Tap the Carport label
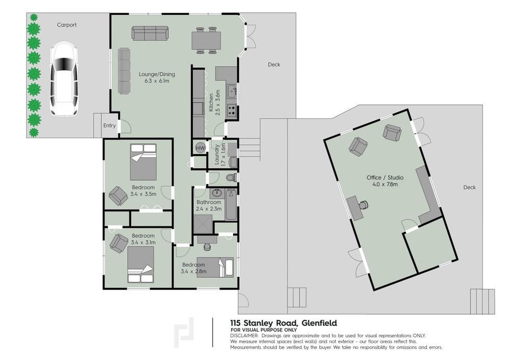(x=67, y=24)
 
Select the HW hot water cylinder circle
(x=200, y=148)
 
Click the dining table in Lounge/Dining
(x=206, y=41)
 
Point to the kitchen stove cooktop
(x=232, y=110)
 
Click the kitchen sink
(x=232, y=91)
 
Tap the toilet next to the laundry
(x=231, y=178)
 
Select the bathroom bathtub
(x=231, y=205)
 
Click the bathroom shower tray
(x=203, y=224)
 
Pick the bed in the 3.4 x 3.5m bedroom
(x=143, y=162)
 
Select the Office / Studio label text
(x=385, y=177)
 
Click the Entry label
(x=109, y=125)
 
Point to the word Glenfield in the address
(x=319, y=323)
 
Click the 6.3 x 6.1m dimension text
(x=157, y=81)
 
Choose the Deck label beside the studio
(x=469, y=187)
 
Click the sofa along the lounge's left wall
(x=124, y=71)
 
